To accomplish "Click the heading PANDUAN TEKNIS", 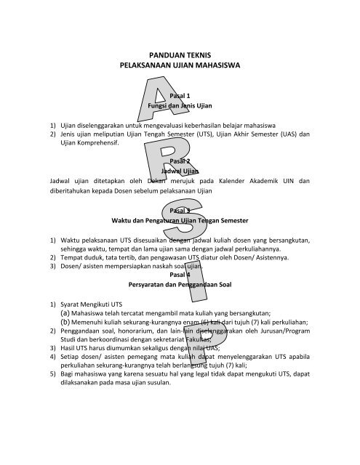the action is pyautogui.click(x=179, y=54).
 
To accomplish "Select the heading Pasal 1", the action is pyautogui.click(x=179, y=96).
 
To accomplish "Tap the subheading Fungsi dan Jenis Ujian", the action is pyautogui.click(x=179, y=106).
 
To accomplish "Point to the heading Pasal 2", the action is pyautogui.click(x=179, y=161).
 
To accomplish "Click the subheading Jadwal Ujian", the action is pyautogui.click(x=179, y=172).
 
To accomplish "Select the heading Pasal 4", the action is pyautogui.click(x=179, y=275).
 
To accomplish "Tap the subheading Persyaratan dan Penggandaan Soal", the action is pyautogui.click(x=179, y=286).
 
